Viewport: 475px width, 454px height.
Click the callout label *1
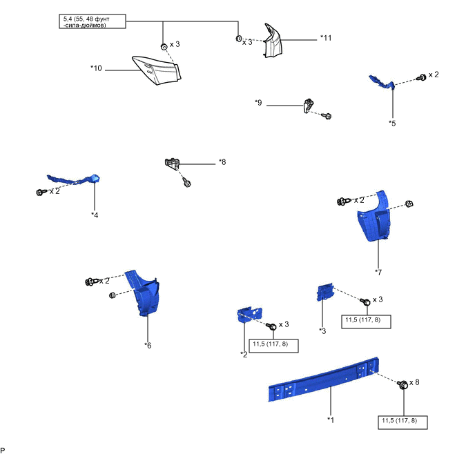click(x=331, y=419)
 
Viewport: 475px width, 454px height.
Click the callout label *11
click(x=326, y=38)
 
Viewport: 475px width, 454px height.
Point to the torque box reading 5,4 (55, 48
click(x=91, y=21)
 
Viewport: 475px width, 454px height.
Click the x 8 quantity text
click(x=414, y=382)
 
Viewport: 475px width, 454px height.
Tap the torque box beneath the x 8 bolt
click(x=403, y=421)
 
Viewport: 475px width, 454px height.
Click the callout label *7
click(x=378, y=272)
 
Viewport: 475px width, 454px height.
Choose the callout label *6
click(x=148, y=345)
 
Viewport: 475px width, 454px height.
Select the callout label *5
click(x=392, y=124)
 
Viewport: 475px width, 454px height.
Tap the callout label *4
click(x=95, y=215)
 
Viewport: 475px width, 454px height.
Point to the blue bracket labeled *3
click(x=324, y=292)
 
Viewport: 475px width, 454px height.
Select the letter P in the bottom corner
click(x=4, y=449)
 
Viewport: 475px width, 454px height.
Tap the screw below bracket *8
click(x=187, y=184)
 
